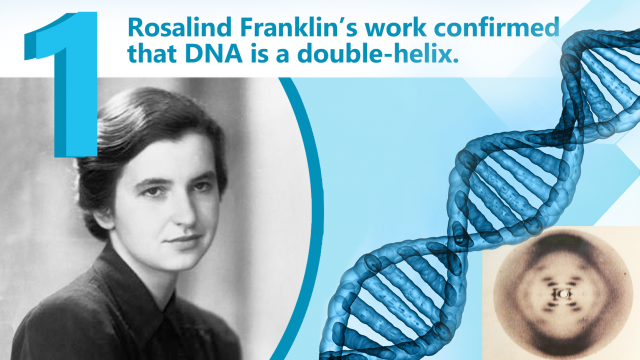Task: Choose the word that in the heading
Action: coord(150,59)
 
